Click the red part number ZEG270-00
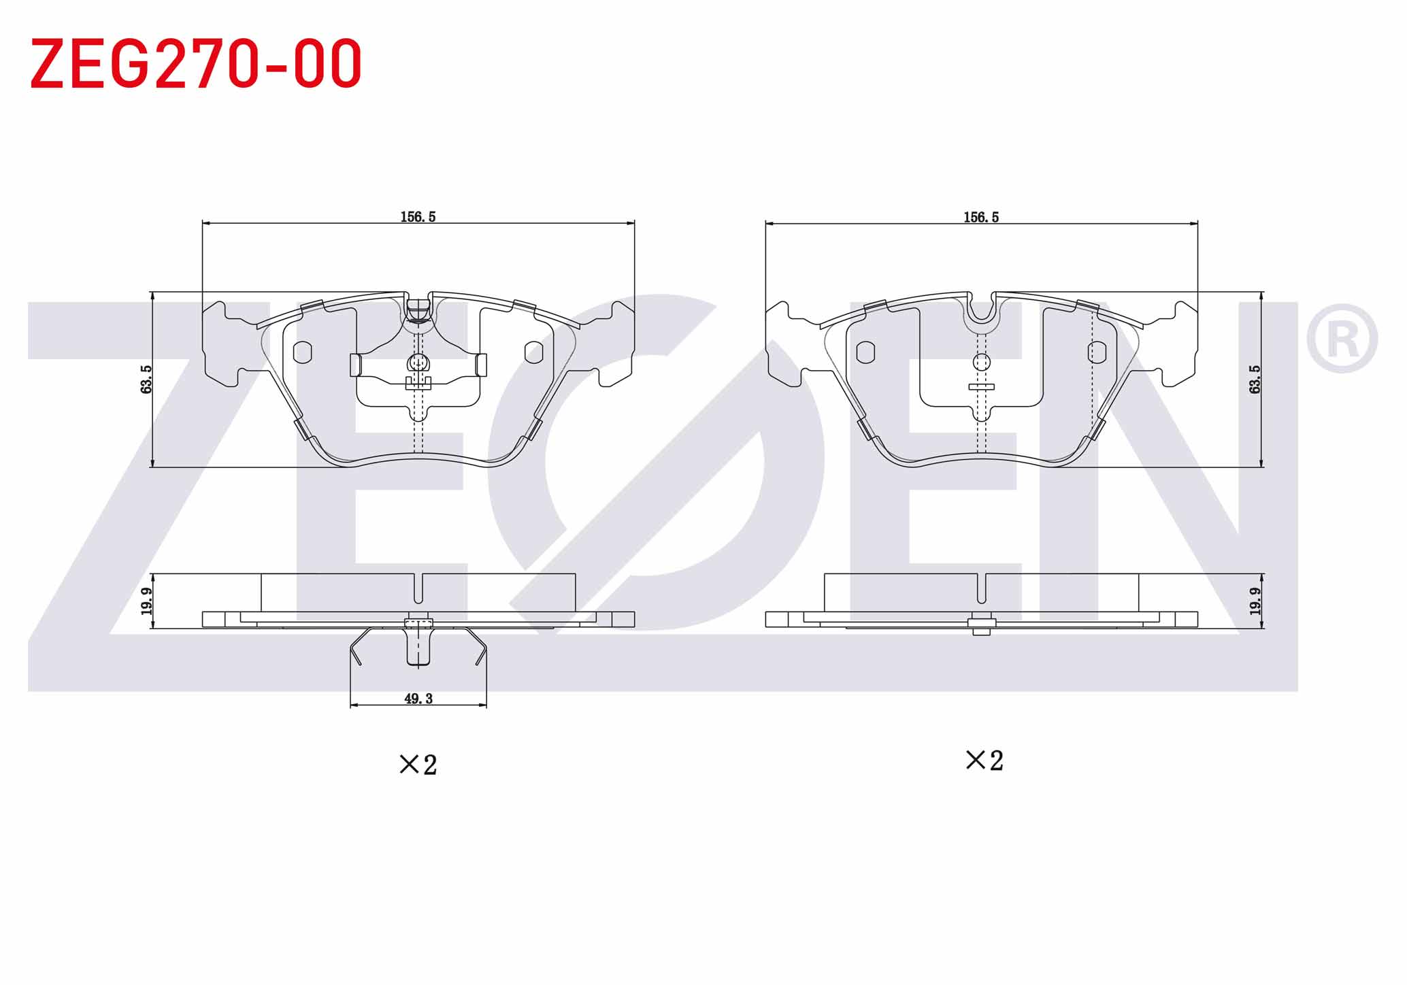tap(196, 64)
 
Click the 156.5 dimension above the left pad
tap(418, 217)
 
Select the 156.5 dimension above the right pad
tap(981, 217)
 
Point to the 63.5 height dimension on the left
tap(146, 379)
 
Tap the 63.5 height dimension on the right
tap(1255, 379)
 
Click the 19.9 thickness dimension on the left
tap(146, 601)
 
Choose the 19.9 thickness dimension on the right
tap(1255, 601)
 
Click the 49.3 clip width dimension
tap(418, 699)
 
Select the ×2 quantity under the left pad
tap(418, 765)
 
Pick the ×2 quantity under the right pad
tap(984, 761)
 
